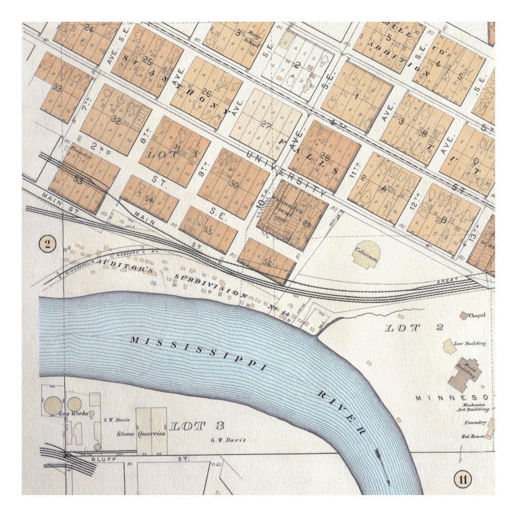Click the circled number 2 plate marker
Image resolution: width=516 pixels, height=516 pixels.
[48, 244]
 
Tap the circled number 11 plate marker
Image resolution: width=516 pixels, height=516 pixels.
[462, 480]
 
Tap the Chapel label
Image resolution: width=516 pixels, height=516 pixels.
[478, 316]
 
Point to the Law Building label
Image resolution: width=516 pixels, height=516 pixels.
[471, 342]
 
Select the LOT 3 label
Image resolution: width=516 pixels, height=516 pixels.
[197, 426]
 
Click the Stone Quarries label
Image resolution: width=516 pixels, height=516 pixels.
[140, 433]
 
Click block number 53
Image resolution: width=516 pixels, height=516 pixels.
[77, 180]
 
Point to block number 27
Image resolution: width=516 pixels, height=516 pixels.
[266, 124]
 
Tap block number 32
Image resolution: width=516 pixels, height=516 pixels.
[116, 120]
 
